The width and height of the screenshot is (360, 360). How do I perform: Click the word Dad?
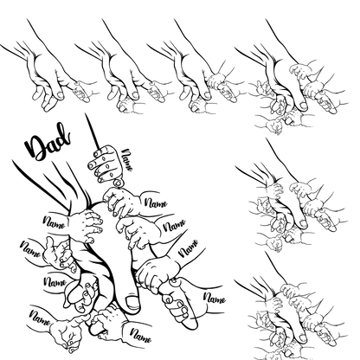pyautogui.click(x=48, y=142)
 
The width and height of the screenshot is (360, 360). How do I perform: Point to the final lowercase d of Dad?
pyautogui.click(x=64, y=136)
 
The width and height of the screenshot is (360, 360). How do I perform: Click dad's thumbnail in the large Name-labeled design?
pyautogui.click(x=132, y=302)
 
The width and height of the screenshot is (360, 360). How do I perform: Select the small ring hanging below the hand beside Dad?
pyautogui.click(x=118, y=183)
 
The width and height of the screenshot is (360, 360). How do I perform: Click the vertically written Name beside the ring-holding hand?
pyautogui.click(x=127, y=159)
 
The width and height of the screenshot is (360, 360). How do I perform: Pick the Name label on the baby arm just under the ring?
pyautogui.click(x=156, y=203)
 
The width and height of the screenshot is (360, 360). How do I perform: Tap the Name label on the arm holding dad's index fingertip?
pyautogui.click(x=214, y=298)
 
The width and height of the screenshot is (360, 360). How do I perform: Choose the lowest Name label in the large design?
pyautogui.click(x=140, y=335)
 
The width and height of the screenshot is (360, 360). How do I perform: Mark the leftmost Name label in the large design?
pyautogui.click(x=30, y=249)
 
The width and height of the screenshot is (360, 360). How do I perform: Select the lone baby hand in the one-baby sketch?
pyautogui.click(x=81, y=91)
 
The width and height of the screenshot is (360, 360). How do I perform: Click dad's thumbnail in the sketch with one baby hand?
pyautogui.click(x=61, y=94)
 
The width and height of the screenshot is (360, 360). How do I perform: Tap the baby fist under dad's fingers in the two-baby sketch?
pyautogui.click(x=126, y=105)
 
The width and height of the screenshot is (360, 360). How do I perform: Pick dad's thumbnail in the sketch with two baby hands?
pyautogui.click(x=135, y=94)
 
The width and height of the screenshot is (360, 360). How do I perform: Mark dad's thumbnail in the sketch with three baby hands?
pyautogui.click(x=207, y=94)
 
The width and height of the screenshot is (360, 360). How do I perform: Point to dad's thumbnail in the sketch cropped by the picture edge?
pyautogui.click(x=302, y=337)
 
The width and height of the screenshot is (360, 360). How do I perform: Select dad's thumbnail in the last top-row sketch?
pyautogui.click(x=303, y=105)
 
